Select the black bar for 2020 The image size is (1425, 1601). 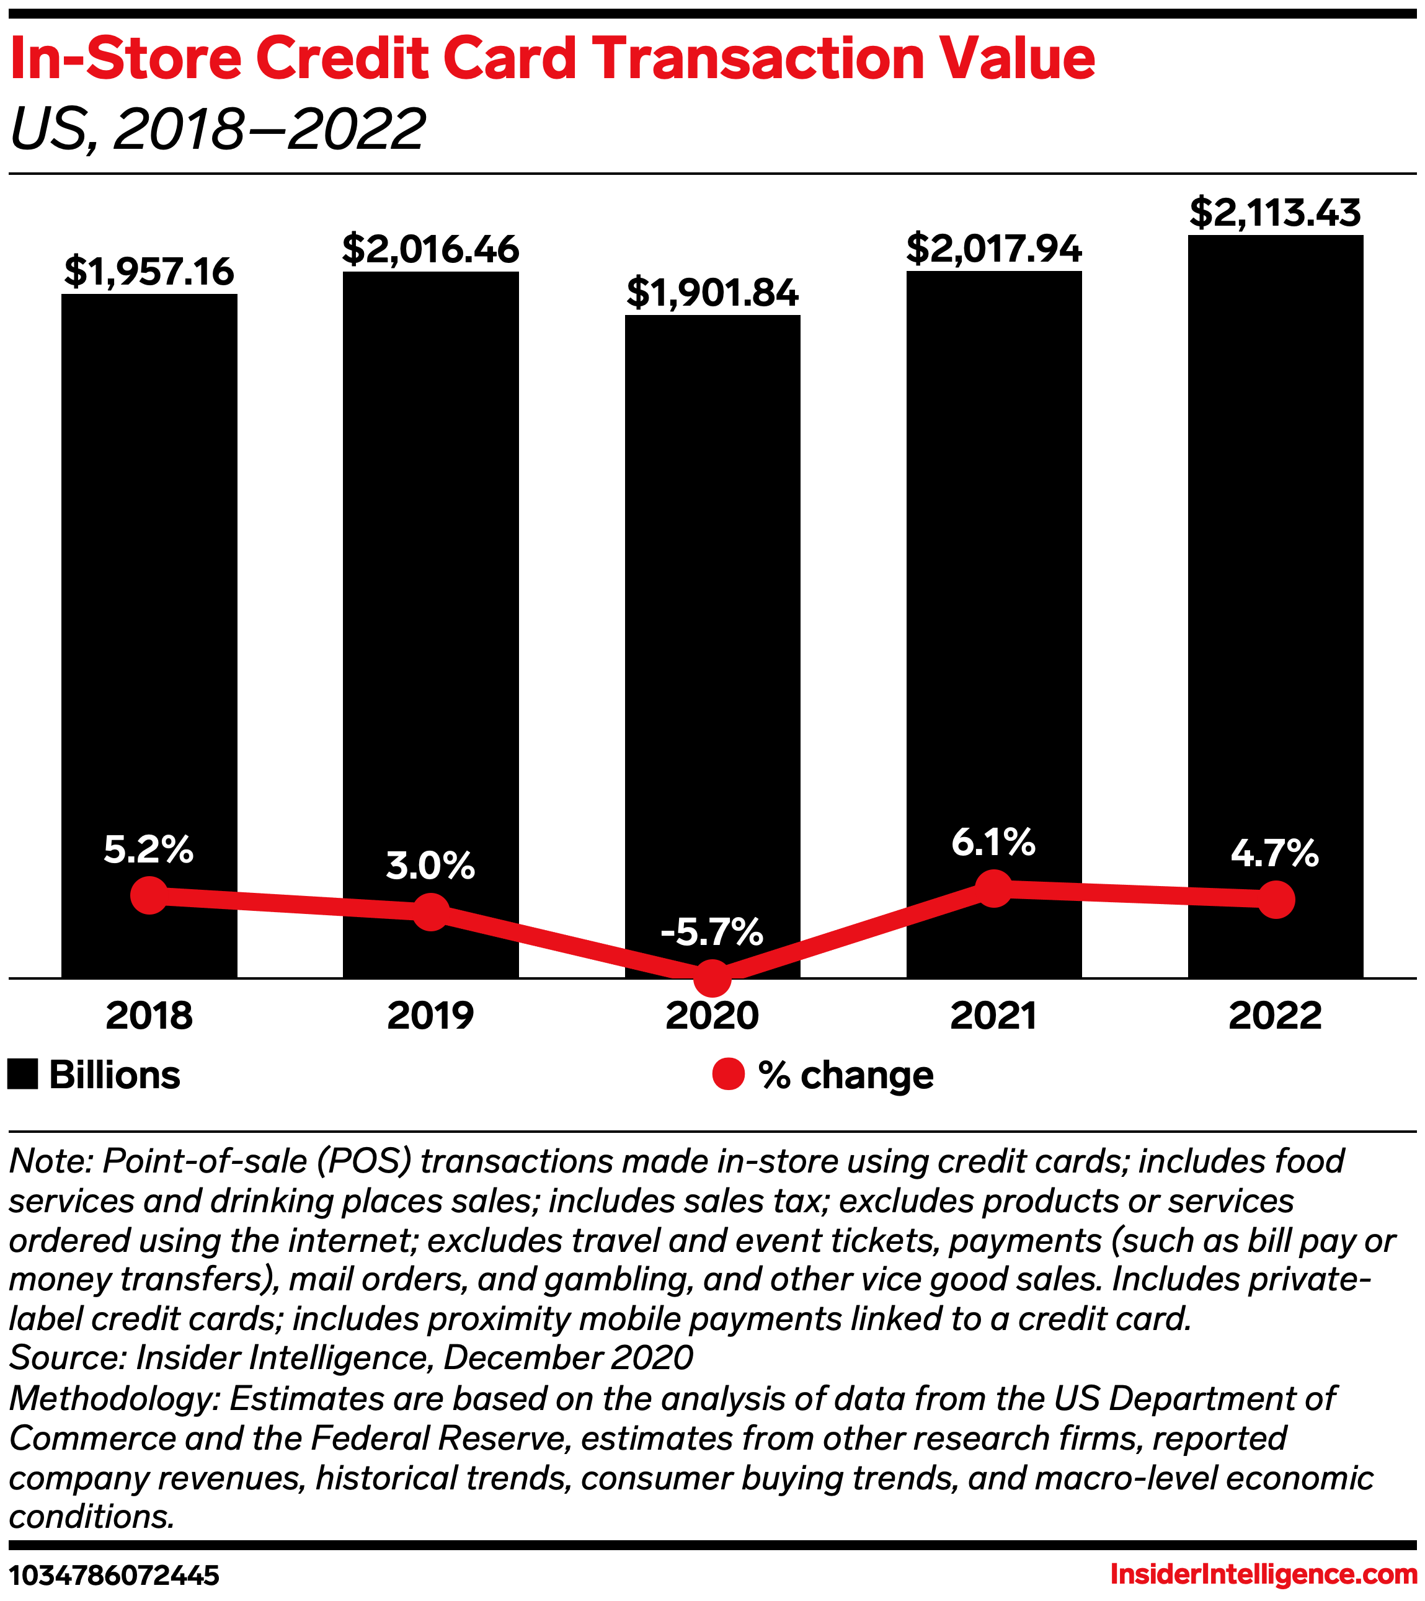click(x=712, y=611)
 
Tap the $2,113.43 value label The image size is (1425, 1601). click(x=1276, y=213)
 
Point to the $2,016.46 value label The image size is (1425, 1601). click(x=430, y=249)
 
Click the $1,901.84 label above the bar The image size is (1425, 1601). click(x=712, y=293)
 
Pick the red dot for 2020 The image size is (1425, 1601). click(x=712, y=977)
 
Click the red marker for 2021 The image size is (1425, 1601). click(x=994, y=888)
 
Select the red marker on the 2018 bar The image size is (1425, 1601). click(x=149, y=895)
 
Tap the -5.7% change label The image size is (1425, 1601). click(x=712, y=932)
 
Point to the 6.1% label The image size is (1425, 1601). click(x=993, y=843)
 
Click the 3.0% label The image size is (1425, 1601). click(x=430, y=866)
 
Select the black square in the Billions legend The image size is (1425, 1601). click(x=23, y=1075)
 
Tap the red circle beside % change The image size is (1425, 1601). click(x=728, y=1074)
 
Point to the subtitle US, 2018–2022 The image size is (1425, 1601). click(x=218, y=129)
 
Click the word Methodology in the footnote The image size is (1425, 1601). click(x=113, y=1398)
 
